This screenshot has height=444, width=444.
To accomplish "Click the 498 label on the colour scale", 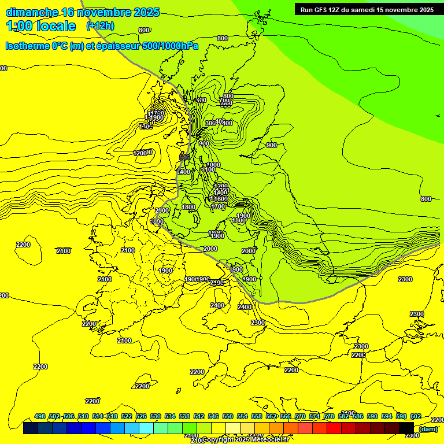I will coord(40,417).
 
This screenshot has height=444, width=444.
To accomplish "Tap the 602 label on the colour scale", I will coord(415,417).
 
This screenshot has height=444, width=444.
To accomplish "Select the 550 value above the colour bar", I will coord(228,417).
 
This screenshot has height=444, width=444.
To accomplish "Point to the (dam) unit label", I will coord(428,428).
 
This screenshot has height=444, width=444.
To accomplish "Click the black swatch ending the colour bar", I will coord(406,428).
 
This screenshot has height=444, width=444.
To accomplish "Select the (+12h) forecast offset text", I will coord(100,26).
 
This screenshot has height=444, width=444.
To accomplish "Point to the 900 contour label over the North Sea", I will coord(271,145).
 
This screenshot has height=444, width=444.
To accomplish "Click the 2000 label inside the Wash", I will coord(248,251).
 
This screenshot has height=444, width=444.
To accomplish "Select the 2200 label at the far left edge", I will coord(23,245).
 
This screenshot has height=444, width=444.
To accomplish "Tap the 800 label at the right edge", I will coord(425,199).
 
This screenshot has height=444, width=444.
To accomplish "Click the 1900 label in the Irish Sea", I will coord(166,270).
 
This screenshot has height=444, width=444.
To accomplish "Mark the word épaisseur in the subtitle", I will coord(117,46).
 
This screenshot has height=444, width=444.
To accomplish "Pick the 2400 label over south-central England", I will coord(217,305).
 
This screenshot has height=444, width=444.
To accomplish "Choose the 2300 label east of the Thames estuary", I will coord(258,323).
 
